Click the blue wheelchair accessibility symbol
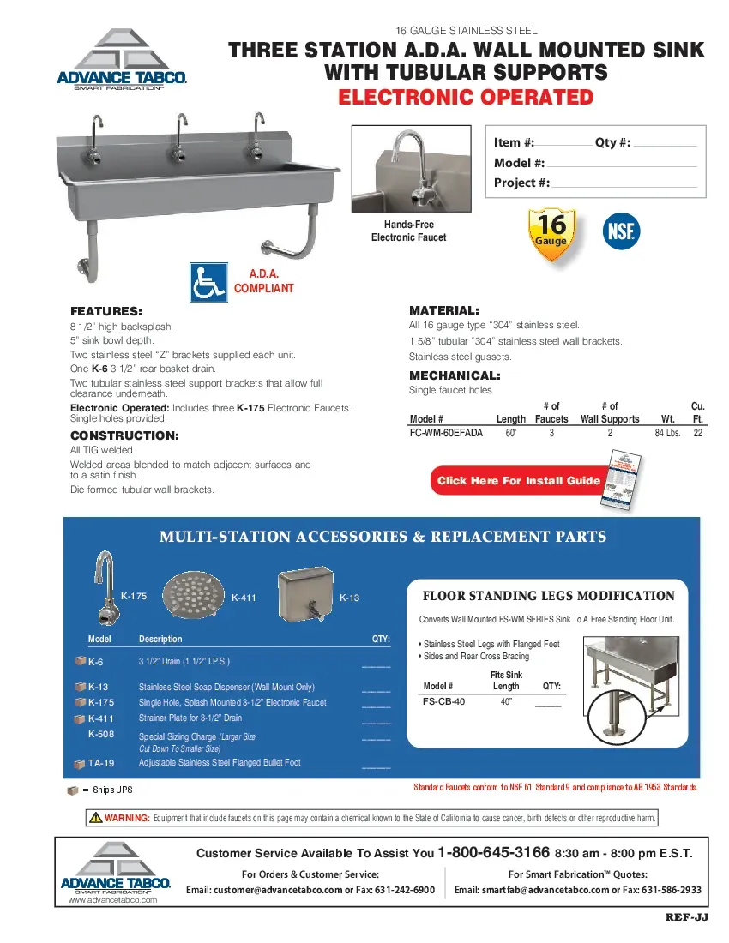coord(208,282)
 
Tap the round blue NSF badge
coord(622,231)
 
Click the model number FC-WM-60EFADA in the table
coord(446,434)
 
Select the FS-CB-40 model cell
coord(444,701)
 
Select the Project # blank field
coord(624,183)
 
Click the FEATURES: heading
coord(105,311)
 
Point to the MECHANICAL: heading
coord(455,375)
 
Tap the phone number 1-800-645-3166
coord(493,853)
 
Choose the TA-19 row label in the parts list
coord(101,763)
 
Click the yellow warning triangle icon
coord(96,817)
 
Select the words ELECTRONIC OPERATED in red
coord(466,97)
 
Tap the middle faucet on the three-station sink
coord(179,137)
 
